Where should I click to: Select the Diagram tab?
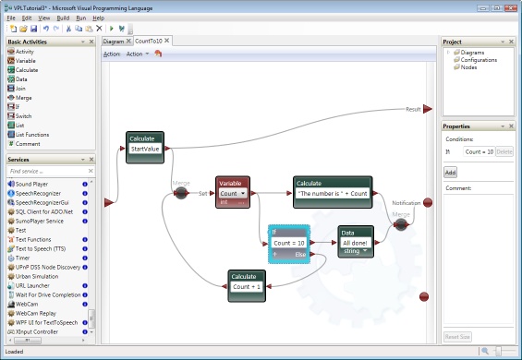coord(114,42)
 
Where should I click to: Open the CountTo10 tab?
coord(148,42)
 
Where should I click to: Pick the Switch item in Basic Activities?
coord(23,115)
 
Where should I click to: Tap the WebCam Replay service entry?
coord(38,313)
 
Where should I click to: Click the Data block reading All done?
coord(355,242)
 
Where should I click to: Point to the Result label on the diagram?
coord(413,109)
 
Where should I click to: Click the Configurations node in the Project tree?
coord(485,60)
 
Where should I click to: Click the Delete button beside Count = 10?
coord(504,150)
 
